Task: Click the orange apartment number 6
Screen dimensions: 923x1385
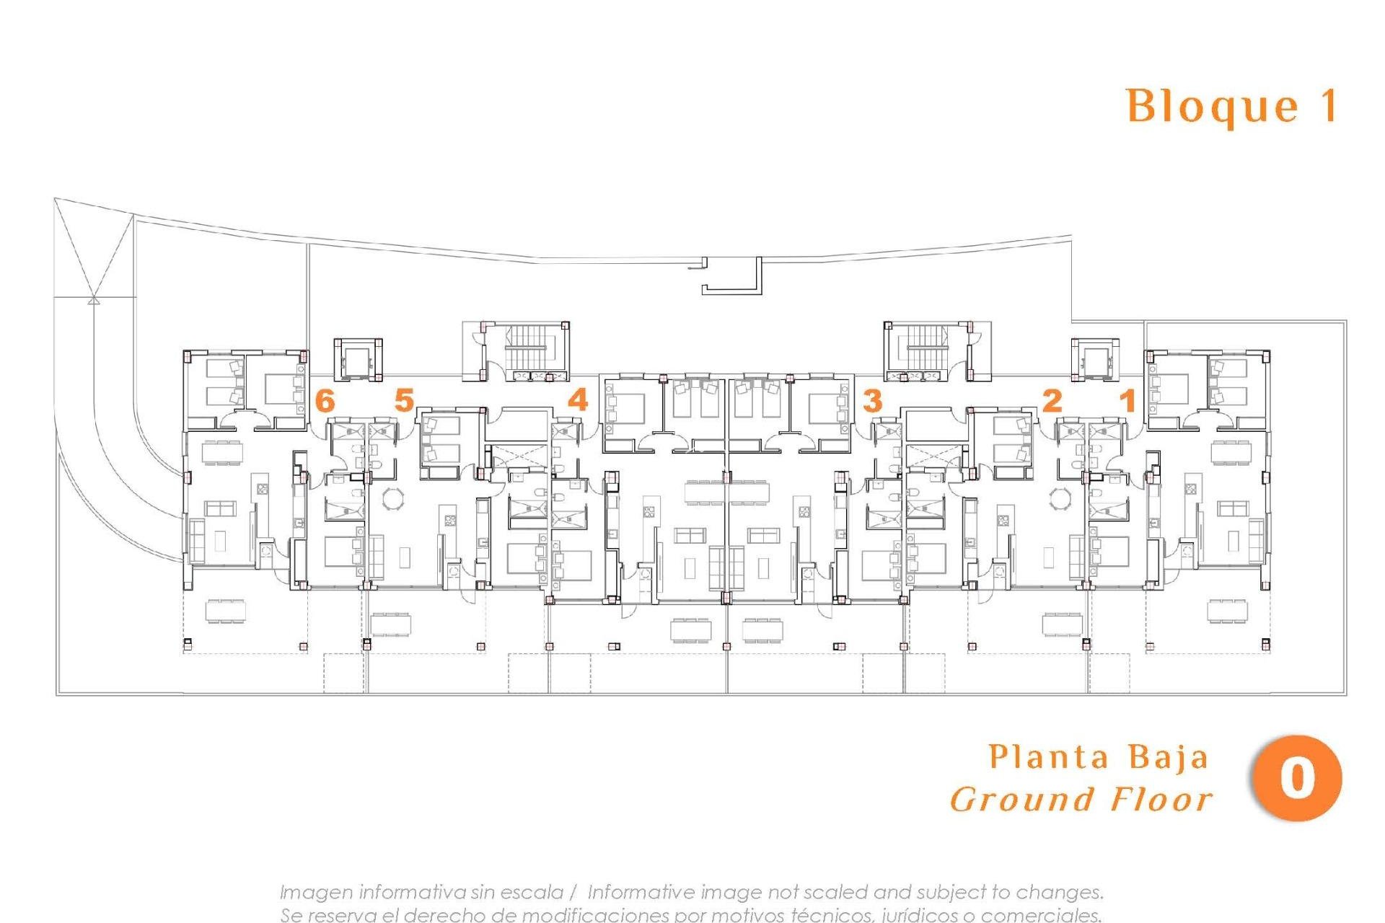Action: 325,400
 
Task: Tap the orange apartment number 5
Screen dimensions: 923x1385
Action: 404,400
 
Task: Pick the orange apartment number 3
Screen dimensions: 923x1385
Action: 873,400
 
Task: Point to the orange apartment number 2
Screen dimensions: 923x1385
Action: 1052,400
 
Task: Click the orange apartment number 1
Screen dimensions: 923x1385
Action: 1127,400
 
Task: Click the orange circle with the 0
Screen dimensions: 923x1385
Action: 1296,779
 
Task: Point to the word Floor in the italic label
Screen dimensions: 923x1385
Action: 1161,800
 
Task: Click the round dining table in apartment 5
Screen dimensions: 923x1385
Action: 394,498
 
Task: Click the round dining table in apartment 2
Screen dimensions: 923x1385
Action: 1061,498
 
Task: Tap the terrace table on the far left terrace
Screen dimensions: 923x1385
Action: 226,611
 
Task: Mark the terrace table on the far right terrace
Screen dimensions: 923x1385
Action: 1228,610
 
